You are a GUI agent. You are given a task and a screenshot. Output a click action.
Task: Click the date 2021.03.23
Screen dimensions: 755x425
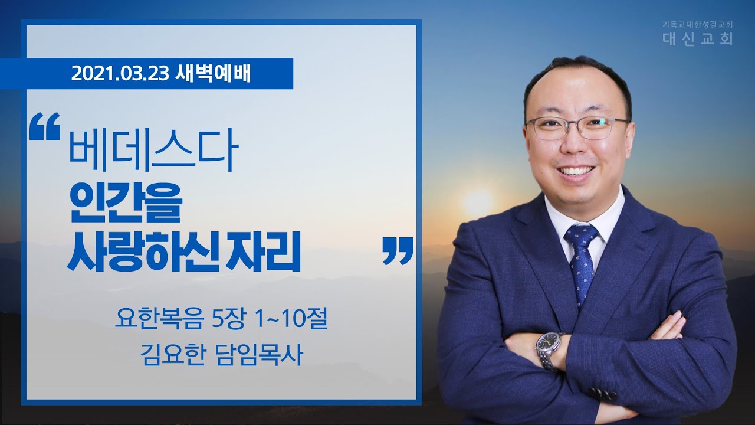(x=120, y=74)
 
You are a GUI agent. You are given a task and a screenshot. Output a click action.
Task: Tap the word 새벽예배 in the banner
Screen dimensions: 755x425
(x=213, y=74)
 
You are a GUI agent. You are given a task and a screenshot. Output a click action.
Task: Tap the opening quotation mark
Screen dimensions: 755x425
(x=45, y=126)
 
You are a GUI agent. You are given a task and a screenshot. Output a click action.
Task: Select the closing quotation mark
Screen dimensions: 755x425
(x=398, y=251)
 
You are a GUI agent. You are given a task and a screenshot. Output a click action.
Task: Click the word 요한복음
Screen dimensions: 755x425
(x=159, y=319)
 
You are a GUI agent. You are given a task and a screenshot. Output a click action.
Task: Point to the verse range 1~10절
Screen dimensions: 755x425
(x=291, y=319)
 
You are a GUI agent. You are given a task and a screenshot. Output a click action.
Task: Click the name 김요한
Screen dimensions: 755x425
(x=172, y=355)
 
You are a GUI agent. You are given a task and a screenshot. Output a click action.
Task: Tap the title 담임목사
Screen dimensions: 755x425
(x=258, y=355)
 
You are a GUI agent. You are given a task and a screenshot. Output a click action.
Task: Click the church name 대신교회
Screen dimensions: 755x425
(x=698, y=39)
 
